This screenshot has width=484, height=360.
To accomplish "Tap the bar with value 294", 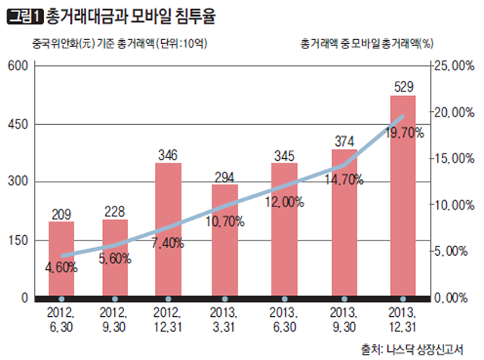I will [x=225, y=240].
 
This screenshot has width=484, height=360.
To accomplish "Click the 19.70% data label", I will [x=405, y=133].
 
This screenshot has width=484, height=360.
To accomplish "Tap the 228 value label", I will [x=115, y=211].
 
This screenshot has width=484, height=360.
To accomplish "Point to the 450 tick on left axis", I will [x=17, y=124].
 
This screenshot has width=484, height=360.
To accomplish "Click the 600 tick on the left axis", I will [x=17, y=66].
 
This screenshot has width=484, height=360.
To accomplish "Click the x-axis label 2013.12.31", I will [x=402, y=320].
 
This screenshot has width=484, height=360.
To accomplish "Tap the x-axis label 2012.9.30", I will [x=115, y=320].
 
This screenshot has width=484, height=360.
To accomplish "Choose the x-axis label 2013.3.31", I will [x=225, y=320].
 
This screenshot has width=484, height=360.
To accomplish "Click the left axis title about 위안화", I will [x=110, y=43].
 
